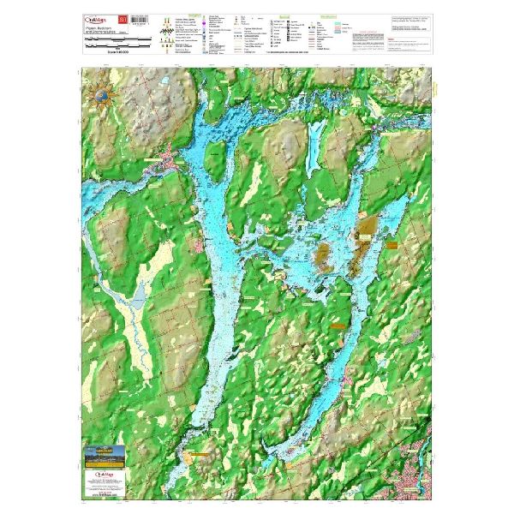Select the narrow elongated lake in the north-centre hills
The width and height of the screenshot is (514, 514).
click(315, 142)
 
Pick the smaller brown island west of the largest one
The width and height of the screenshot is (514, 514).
click(324, 254)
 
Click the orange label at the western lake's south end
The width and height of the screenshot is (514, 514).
click(200, 456)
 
